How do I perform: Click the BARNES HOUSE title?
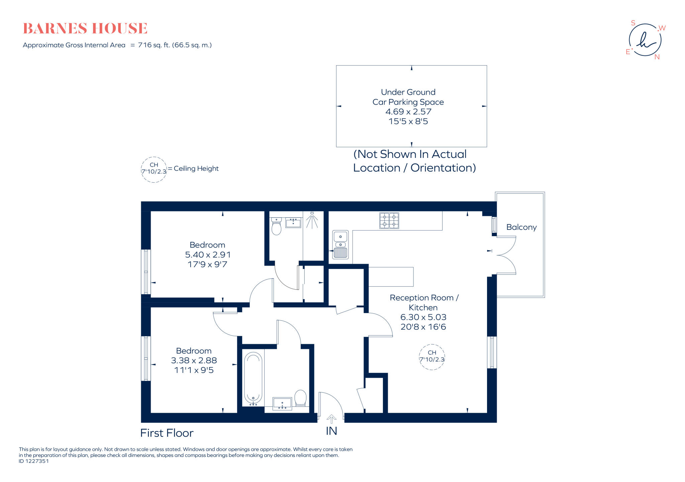85,28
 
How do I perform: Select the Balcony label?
521,227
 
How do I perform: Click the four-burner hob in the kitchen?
389,220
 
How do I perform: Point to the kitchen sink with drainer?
340,245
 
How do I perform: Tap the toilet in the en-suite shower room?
276,226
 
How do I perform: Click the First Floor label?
167,433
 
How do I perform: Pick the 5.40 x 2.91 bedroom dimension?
208,255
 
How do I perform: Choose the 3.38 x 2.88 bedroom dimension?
194,360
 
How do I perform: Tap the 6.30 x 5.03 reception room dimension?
423,317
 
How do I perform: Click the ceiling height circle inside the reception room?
432,357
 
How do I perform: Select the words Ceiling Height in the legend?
196,169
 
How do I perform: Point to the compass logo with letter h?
645,40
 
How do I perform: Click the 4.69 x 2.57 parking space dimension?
408,111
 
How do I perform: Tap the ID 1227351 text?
34,461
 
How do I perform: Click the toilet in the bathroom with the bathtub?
300,398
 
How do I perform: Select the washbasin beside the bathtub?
282,403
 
